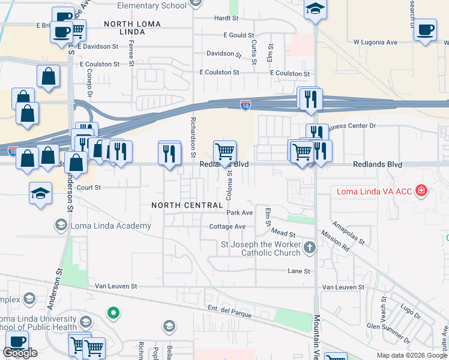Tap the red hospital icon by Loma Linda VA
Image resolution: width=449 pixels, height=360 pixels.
coord(422,191)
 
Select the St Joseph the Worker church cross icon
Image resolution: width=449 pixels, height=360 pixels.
coord(309,247)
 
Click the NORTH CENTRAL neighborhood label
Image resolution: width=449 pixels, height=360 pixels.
coord(187,205)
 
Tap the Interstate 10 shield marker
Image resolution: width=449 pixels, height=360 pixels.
coord(246,106)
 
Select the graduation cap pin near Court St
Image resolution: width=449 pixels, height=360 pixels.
coord(40,193)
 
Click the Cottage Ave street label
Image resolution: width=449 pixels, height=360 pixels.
coord(228,226)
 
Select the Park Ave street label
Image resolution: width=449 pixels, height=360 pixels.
coord(240,212)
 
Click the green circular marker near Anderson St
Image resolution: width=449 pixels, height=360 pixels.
coord(112,313)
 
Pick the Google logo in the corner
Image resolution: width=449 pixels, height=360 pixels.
coord(20,353)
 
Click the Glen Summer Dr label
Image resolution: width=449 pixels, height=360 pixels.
coord(390,332)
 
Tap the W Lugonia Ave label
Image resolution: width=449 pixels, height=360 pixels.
coord(375,42)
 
